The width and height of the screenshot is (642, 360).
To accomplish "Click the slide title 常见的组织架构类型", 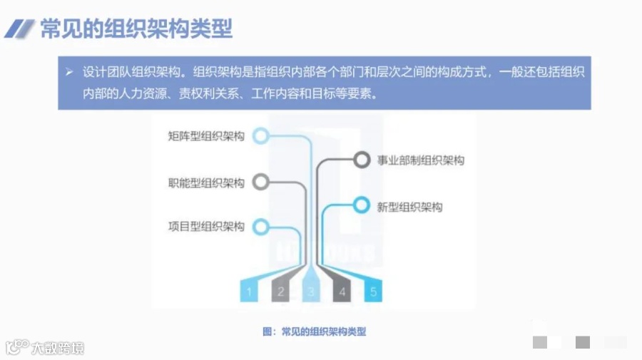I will click(136, 29).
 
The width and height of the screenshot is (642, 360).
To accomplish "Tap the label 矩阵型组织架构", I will click(206, 136).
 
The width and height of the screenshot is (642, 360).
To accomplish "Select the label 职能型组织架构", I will click(206, 183).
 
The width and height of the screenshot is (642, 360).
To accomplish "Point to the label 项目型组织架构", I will click(206, 227).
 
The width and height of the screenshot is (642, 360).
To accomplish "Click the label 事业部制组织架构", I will click(420, 160).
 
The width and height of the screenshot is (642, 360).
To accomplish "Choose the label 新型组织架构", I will click(409, 207).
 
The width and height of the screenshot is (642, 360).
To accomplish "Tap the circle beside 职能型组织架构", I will click(261, 182).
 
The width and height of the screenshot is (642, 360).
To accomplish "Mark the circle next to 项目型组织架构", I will click(261, 227).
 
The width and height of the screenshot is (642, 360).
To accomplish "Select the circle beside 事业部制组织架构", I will click(362, 160).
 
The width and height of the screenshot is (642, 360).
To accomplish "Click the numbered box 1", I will click(249, 291).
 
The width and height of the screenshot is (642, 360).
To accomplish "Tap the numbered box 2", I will click(280, 291).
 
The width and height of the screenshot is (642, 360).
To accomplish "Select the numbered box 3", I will click(312, 291).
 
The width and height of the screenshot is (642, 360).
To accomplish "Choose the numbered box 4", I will click(342, 291).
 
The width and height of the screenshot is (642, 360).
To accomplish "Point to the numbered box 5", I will click(373, 291).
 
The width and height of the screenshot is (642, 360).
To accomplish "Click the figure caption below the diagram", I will click(314, 331).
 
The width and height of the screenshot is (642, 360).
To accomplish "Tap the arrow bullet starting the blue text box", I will click(70, 72).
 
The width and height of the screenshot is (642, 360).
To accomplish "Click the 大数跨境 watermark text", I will click(57, 348).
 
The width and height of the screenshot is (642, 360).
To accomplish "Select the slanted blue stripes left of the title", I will click(20, 29).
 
